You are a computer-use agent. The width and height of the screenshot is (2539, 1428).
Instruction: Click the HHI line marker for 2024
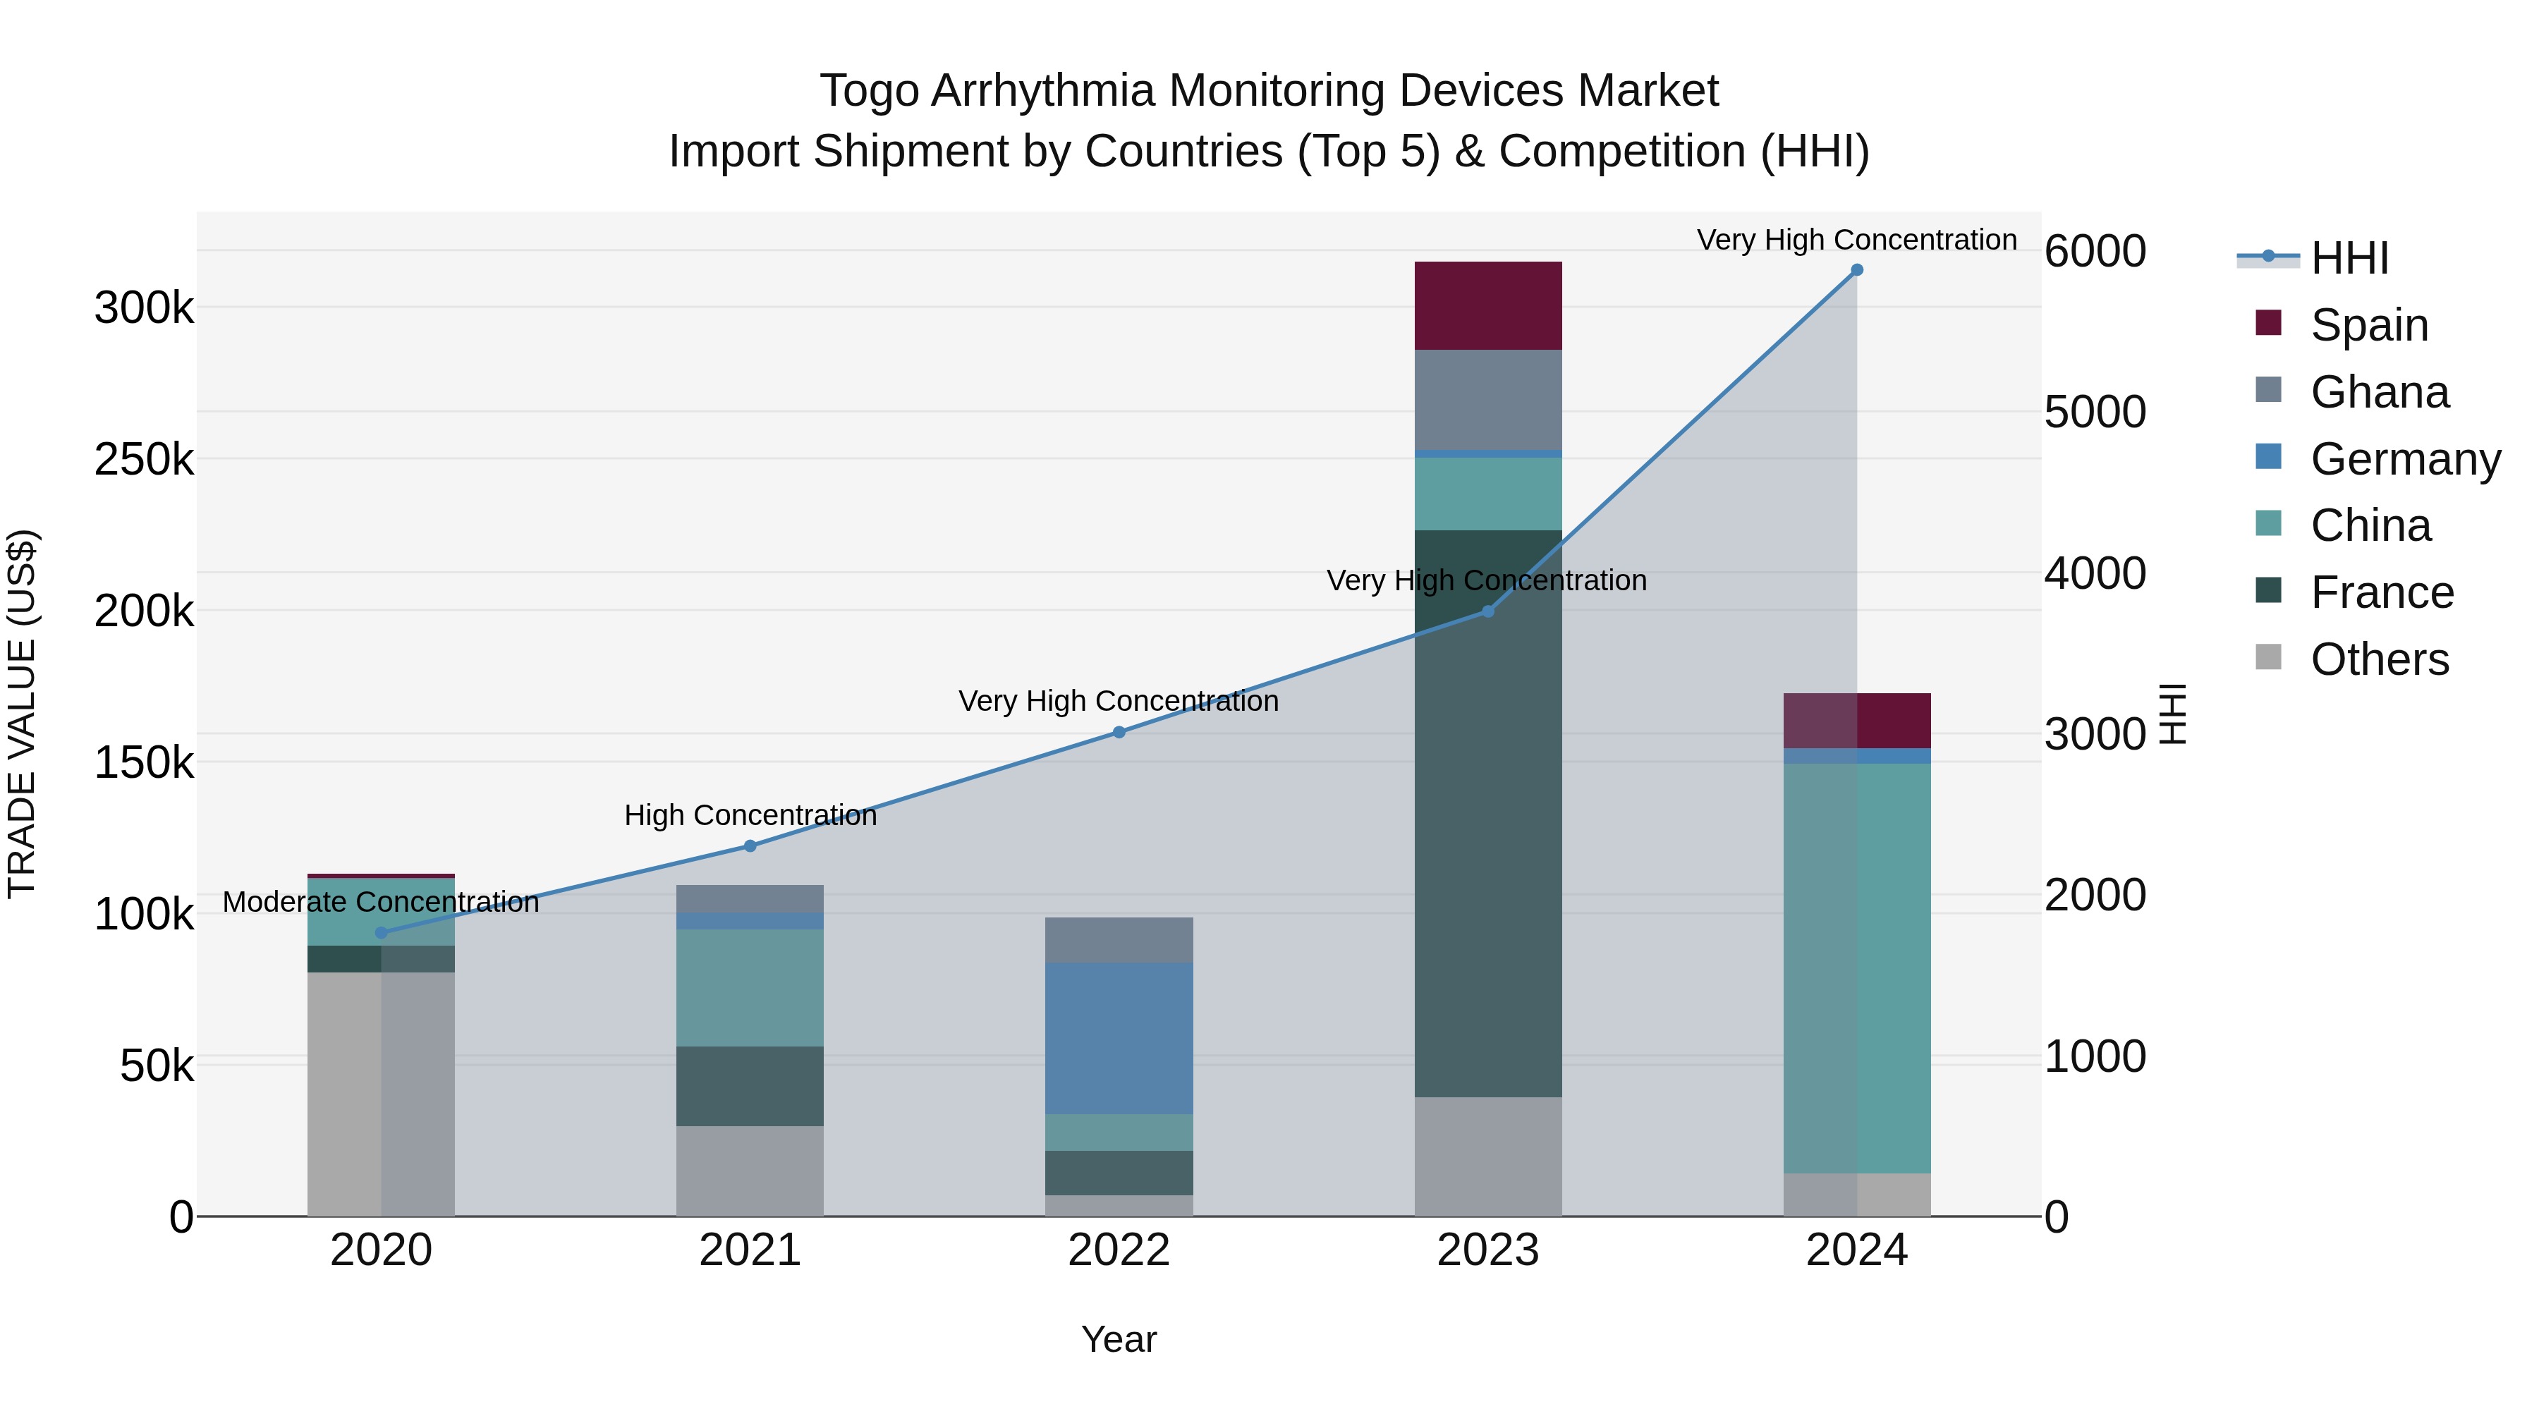pyautogui.click(x=1857, y=269)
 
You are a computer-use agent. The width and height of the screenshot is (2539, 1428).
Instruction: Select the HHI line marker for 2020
pyautogui.click(x=382, y=932)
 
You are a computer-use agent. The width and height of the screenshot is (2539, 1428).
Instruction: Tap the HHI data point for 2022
pyautogui.click(x=1119, y=732)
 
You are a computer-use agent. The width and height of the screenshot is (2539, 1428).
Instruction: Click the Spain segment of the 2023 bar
pyautogui.click(x=1488, y=305)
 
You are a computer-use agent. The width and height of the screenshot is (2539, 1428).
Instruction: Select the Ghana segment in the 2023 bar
pyautogui.click(x=1488, y=399)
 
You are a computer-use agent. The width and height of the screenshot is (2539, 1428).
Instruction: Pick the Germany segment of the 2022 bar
pyautogui.click(x=1119, y=1038)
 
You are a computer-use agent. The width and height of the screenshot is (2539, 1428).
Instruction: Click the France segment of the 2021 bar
pyautogui.click(x=750, y=1085)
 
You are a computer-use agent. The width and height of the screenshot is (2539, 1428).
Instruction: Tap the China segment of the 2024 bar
pyautogui.click(x=1857, y=968)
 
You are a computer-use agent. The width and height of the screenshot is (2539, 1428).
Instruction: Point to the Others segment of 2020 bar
pyautogui.click(x=382, y=1094)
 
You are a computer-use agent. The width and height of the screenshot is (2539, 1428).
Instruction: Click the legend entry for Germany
pyautogui.click(x=2405, y=459)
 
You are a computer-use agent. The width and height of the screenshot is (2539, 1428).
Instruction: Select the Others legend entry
pyautogui.click(x=2380, y=659)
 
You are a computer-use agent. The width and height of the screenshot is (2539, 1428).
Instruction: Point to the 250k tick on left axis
pyautogui.click(x=144, y=459)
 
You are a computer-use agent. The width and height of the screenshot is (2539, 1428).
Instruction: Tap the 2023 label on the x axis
pyautogui.click(x=1488, y=1250)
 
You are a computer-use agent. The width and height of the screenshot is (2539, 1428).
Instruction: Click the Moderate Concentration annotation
pyautogui.click(x=382, y=902)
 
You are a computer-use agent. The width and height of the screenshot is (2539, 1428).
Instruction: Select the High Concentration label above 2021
pyautogui.click(x=750, y=815)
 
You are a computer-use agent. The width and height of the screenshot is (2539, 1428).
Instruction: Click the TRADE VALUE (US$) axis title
pyautogui.click(x=22, y=714)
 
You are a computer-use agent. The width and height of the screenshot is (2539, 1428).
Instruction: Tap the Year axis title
pyautogui.click(x=1119, y=1339)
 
